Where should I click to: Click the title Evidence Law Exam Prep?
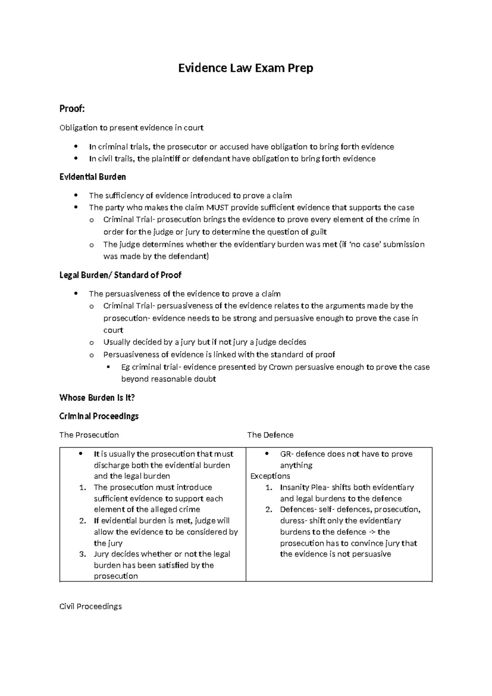coord(245,68)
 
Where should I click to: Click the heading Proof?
coord(72,109)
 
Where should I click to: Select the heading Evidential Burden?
coord(92,177)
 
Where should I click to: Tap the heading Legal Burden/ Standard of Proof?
coord(120,275)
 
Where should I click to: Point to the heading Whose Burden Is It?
coord(97,397)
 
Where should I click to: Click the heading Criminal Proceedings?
coord(99,416)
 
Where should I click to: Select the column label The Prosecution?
coord(89,435)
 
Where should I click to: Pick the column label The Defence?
coord(270,435)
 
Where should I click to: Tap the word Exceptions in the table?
coord(270,476)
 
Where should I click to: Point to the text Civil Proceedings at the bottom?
coord(90,606)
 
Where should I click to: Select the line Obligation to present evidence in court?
coord(131,128)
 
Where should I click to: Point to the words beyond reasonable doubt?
coord(169,379)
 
